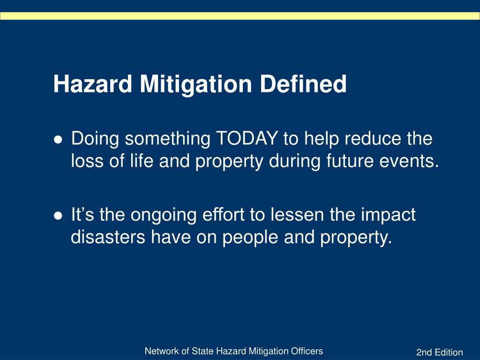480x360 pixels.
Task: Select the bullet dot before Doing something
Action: tap(58, 140)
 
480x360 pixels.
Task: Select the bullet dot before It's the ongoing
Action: tap(58, 216)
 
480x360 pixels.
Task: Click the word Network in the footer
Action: tap(159, 351)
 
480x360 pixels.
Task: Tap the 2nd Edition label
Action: tap(439, 352)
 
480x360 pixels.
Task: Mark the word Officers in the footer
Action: tap(308, 351)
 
